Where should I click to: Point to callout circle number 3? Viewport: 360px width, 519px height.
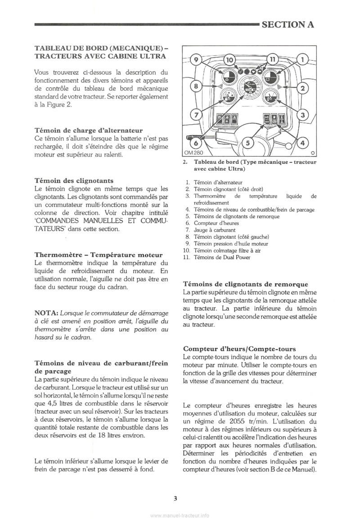pyautogui.click(x=303, y=115)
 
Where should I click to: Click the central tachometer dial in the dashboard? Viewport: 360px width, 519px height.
pyautogui.click(x=248, y=89)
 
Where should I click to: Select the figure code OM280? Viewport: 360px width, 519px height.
pyautogui.click(x=192, y=153)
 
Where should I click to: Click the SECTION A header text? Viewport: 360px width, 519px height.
pyautogui.click(x=288, y=24)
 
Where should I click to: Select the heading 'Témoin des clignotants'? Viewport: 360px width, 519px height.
pyautogui.click(x=74, y=180)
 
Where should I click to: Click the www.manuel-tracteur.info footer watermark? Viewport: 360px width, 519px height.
pyautogui.click(x=180, y=515)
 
